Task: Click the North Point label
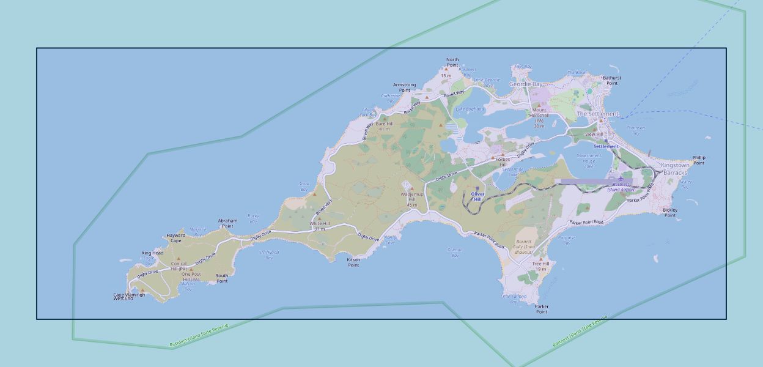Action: coord(452,62)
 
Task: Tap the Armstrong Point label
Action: coord(404,87)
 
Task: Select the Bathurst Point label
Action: coord(611,80)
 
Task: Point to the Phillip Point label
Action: coord(698,160)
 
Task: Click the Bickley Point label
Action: coord(670,212)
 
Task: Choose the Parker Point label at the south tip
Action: coord(542,309)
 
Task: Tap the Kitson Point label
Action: coord(353,262)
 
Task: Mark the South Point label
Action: coord(222,278)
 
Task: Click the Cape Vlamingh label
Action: coord(129,296)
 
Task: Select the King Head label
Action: coord(152,253)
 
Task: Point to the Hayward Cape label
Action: coord(175,238)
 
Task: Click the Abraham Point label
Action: coord(227,223)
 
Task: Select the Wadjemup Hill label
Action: coord(411,197)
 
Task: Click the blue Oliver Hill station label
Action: coord(477,197)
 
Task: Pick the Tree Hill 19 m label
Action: coord(540,266)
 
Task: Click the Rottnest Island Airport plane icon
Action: coord(621,179)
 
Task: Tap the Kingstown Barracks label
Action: coord(675,169)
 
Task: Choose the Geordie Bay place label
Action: coord(525,84)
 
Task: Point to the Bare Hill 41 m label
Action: coord(384,126)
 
